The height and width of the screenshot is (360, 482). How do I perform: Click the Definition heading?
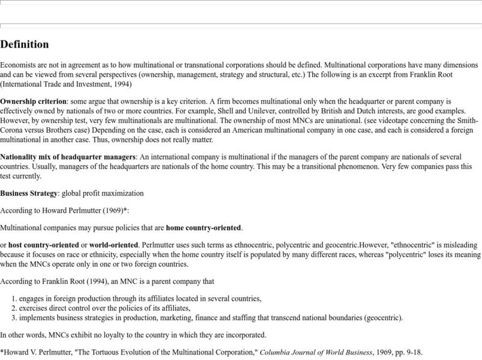point(25,45)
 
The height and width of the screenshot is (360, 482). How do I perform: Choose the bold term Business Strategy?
point(31,194)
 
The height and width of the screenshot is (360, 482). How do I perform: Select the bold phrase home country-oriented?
point(204,229)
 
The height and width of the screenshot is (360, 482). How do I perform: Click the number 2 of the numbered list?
point(15,308)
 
